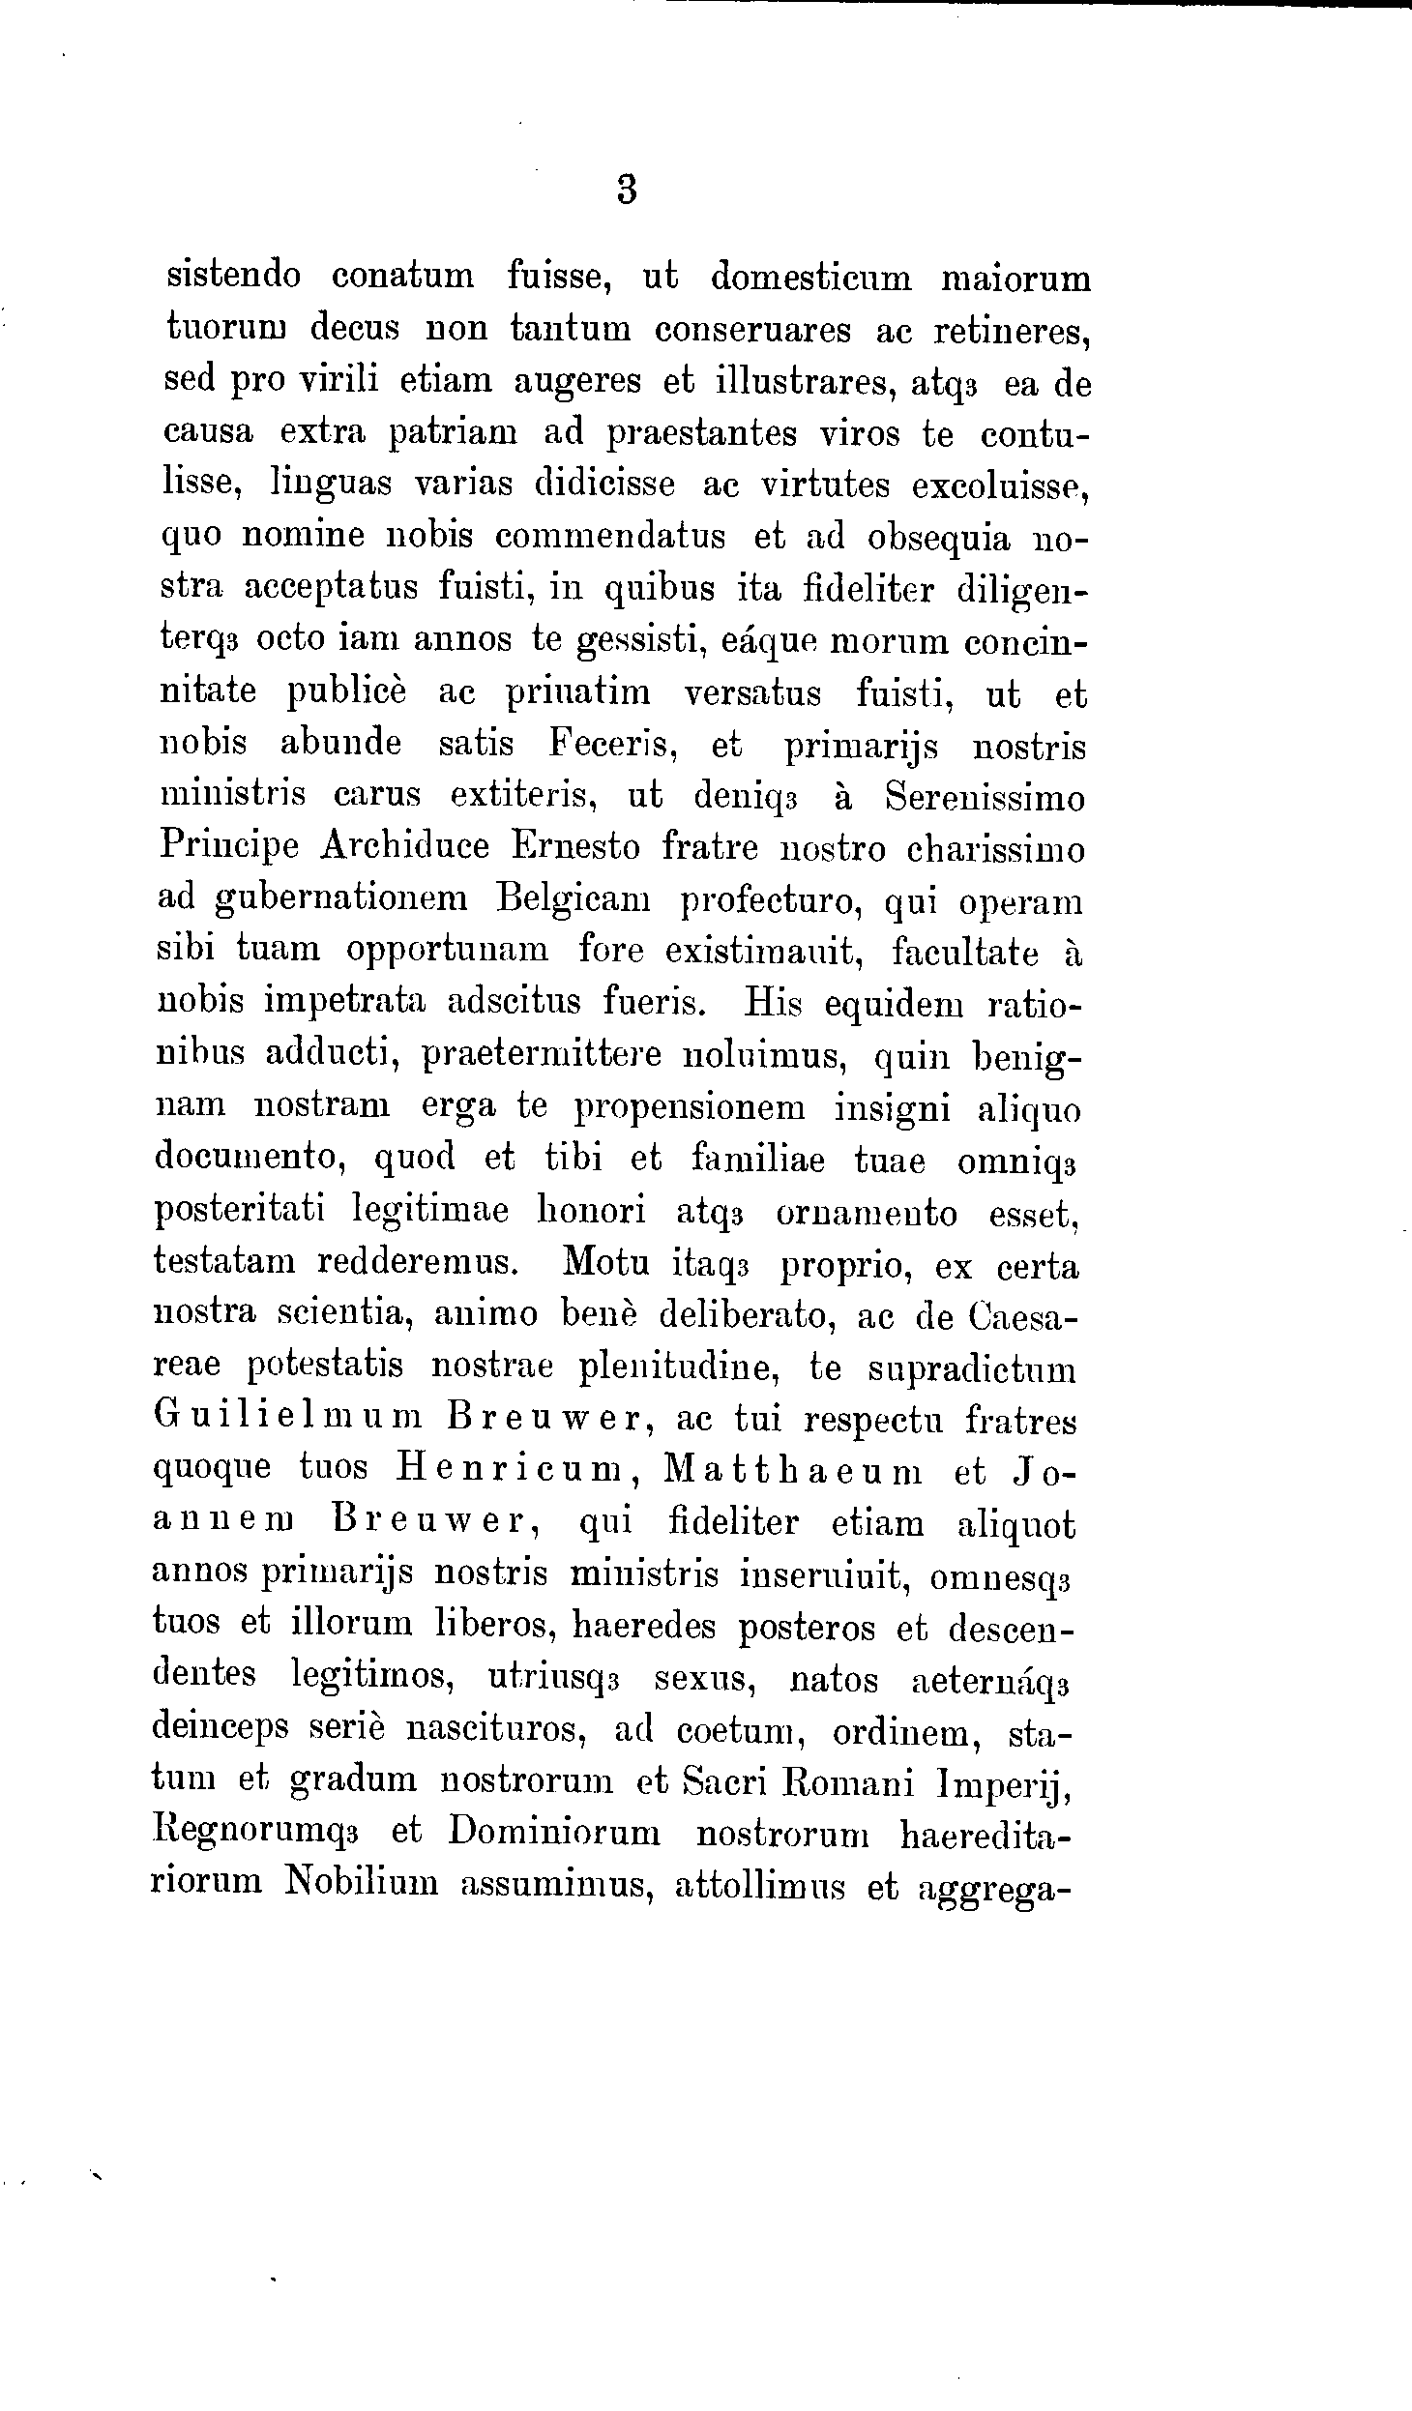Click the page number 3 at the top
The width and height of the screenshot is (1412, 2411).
tap(627, 190)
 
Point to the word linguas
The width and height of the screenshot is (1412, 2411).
tap(332, 485)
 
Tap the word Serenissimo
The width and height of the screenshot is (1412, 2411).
tap(985, 798)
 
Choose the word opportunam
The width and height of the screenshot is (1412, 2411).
tap(447, 952)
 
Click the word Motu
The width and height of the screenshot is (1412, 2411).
tap(602, 1265)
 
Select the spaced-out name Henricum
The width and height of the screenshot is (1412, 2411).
tap(509, 1473)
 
